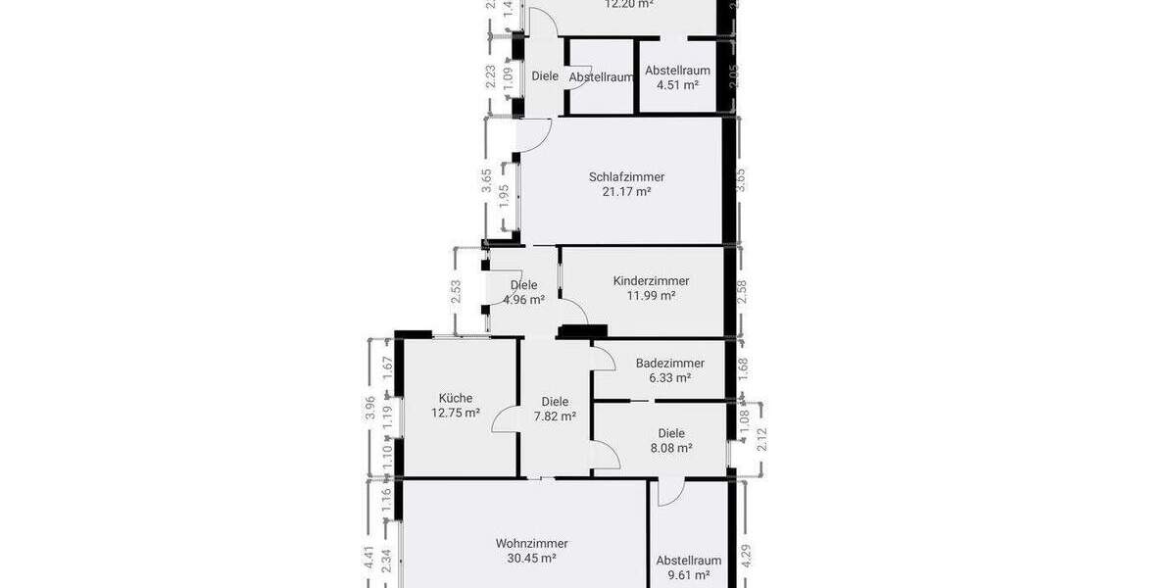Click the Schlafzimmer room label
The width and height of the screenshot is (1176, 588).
tap(626, 177)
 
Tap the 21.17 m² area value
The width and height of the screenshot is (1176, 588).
tap(626, 192)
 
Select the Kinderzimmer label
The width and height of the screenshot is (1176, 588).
tap(651, 280)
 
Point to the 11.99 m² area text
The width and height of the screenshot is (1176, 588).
tap(651, 295)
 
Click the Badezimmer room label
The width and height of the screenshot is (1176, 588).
tap(669, 363)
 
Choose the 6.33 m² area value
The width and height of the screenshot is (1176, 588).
tap(669, 377)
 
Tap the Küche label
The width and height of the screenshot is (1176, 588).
tap(456, 398)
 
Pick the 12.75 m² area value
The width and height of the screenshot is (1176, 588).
tap(456, 413)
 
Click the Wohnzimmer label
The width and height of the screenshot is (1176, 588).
tap(531, 543)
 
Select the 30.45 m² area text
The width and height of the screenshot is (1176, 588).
tap(531, 558)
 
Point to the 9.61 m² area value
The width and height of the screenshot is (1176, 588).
tap(688, 575)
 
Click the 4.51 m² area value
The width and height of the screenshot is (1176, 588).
tap(677, 85)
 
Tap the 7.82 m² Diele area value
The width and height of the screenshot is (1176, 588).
tap(555, 416)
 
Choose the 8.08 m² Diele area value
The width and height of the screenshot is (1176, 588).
tap(671, 448)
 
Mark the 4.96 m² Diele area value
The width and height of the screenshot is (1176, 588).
tap(523, 300)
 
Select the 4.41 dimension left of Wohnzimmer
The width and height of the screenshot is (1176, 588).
tap(369, 559)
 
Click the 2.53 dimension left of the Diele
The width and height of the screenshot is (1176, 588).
tap(456, 292)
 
